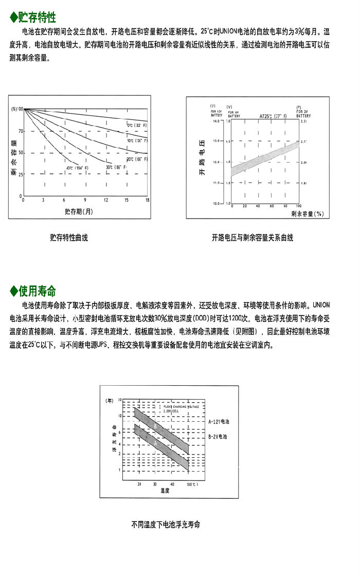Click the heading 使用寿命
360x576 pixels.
point(37,292)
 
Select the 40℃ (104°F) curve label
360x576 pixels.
point(77,168)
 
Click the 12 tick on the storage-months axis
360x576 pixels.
point(106,200)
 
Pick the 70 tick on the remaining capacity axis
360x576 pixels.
point(21,131)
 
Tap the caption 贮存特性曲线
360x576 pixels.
point(69,238)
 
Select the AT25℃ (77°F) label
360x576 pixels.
point(273,117)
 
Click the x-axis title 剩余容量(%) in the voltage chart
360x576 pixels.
point(306,213)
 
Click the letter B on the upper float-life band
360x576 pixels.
point(155,426)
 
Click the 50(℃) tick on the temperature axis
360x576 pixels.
point(190,484)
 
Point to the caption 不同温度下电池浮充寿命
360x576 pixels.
point(165,525)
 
